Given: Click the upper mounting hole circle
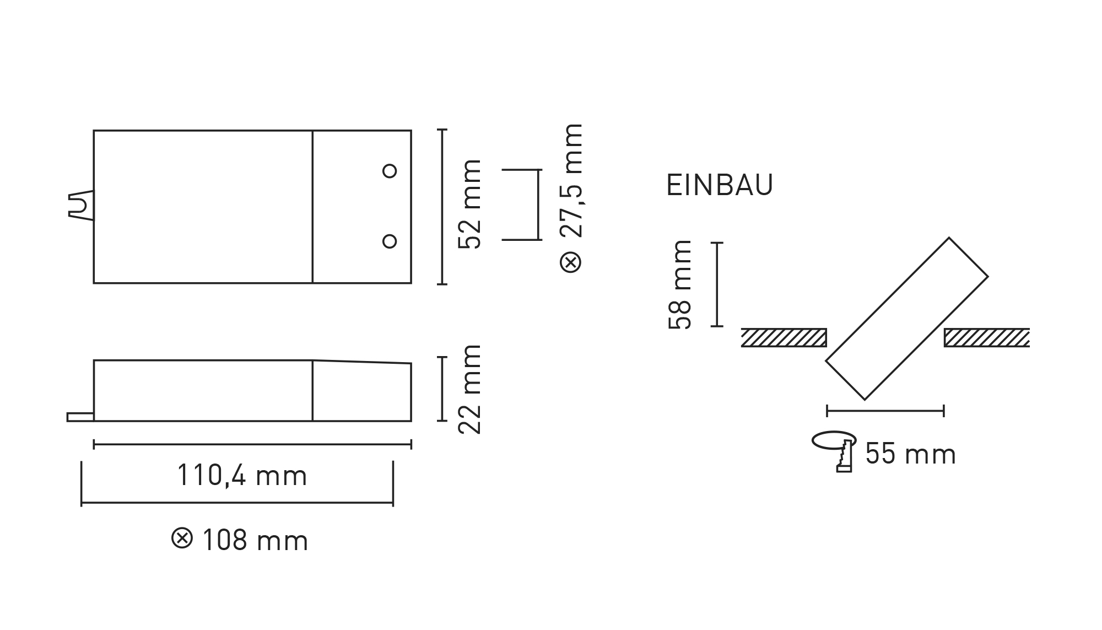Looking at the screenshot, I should click(390, 171).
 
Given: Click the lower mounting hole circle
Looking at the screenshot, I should click(390, 241).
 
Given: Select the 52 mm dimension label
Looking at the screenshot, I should click(470, 204).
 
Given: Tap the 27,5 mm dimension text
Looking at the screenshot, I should click(571, 181).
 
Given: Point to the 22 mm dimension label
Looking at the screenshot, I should click(470, 390).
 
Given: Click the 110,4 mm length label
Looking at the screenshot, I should click(242, 476).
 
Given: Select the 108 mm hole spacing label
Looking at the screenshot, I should click(255, 541).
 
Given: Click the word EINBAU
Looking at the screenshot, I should click(720, 185).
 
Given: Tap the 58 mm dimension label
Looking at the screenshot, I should click(679, 284).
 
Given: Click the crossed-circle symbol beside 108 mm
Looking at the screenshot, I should click(182, 538).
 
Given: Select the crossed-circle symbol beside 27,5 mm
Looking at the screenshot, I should click(571, 262).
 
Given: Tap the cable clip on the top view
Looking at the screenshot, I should click(80, 206).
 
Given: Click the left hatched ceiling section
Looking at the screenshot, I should click(784, 337).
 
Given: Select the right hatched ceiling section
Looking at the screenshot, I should click(986, 337).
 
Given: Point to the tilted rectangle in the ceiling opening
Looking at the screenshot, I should click(906, 319).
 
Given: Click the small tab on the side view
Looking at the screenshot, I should click(80, 417).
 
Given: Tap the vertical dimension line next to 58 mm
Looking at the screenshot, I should click(717, 284).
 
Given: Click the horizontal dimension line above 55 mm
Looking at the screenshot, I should click(885, 411).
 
